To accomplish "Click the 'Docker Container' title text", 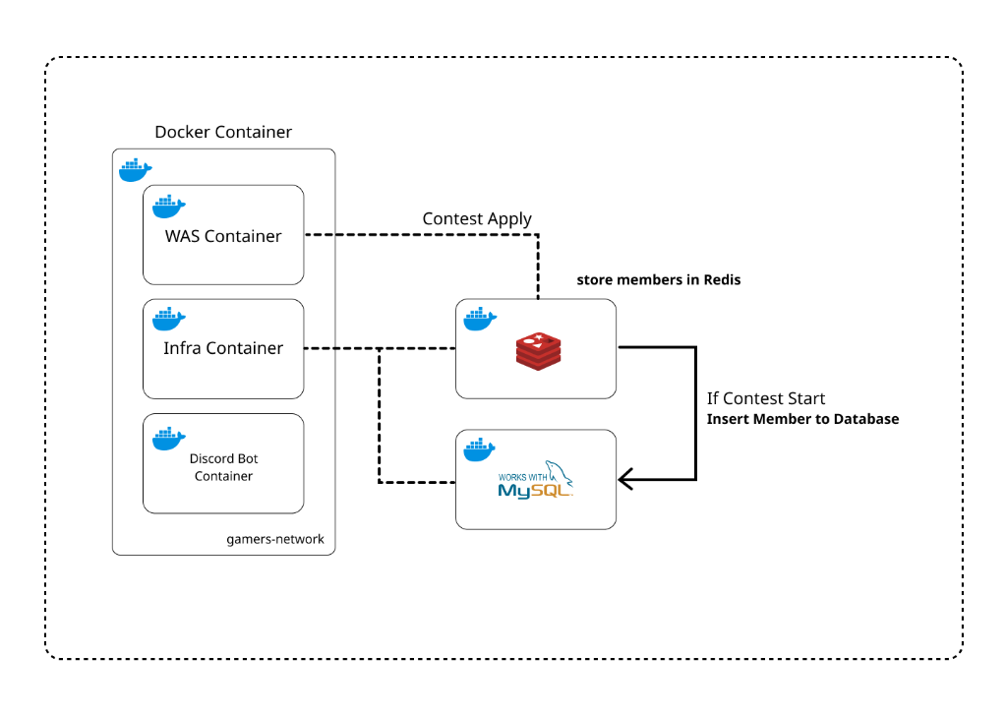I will (223, 132).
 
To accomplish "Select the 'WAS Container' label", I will (223, 236).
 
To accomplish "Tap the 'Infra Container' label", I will (223, 348).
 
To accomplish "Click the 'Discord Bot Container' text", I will (223, 467).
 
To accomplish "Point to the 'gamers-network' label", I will (275, 540).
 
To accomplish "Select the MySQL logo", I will (535, 480).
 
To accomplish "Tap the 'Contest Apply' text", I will (477, 218).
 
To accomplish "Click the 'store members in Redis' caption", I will (658, 280).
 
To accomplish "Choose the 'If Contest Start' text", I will (766, 398).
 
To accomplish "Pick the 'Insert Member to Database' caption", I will (802, 419).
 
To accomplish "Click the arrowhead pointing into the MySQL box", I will (625, 480).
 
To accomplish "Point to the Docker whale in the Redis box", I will (480, 319).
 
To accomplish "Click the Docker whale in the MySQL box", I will (480, 449).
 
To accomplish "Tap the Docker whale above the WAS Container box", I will (136, 170).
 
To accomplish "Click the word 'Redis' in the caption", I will (722, 280).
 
